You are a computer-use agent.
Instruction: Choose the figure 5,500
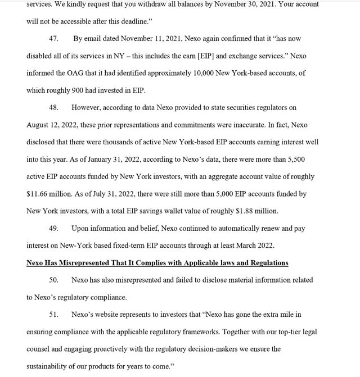(292, 160)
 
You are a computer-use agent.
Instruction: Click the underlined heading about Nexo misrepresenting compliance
(157, 263)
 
